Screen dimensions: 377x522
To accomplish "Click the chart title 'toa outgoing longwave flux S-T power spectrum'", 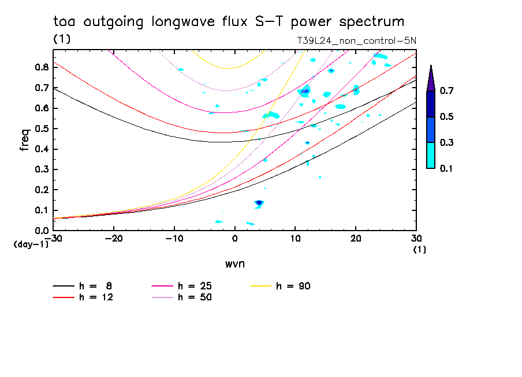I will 229,22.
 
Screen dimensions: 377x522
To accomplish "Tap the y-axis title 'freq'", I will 25,140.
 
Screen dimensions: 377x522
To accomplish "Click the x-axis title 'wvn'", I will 234,263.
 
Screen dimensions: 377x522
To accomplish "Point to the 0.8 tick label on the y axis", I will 41,67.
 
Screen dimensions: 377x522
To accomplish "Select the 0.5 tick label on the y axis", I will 41,129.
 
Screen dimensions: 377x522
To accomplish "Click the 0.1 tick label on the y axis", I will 41,210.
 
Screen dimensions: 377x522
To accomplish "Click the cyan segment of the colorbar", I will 431,155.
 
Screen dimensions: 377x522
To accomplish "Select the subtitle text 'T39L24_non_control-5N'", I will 356,41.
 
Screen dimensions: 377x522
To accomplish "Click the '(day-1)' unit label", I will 31,244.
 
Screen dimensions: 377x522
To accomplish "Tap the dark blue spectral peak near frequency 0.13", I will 259,202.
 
